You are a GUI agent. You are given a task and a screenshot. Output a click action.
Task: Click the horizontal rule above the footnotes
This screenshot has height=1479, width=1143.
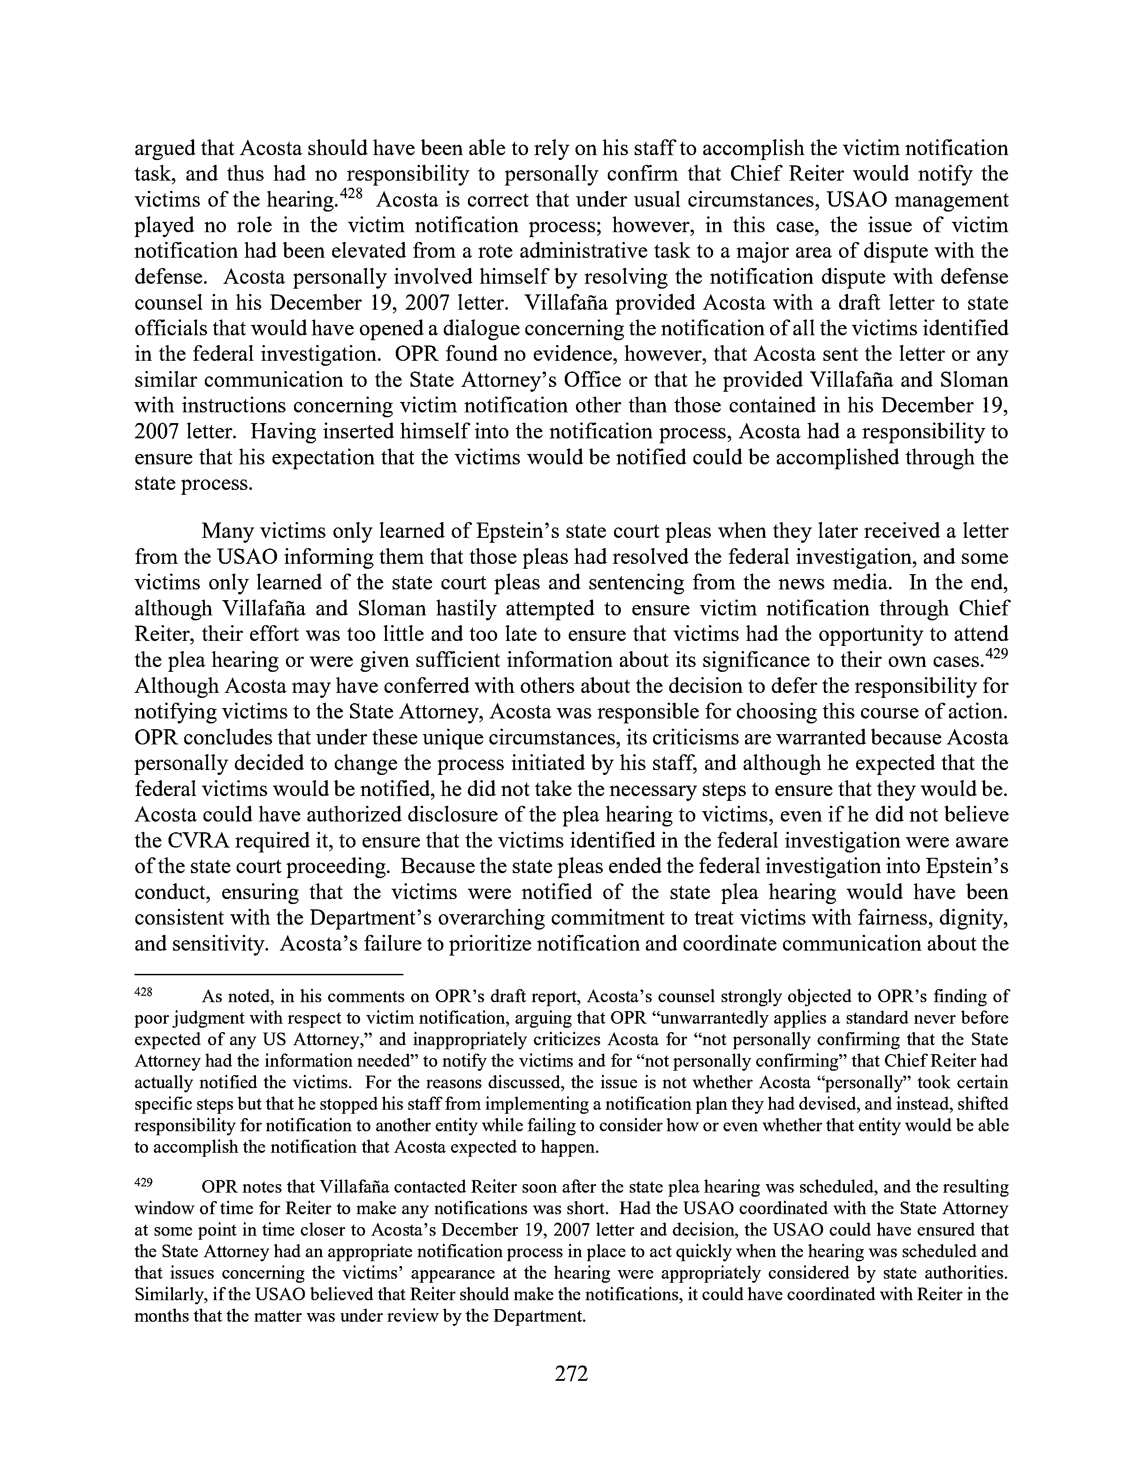(269, 974)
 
